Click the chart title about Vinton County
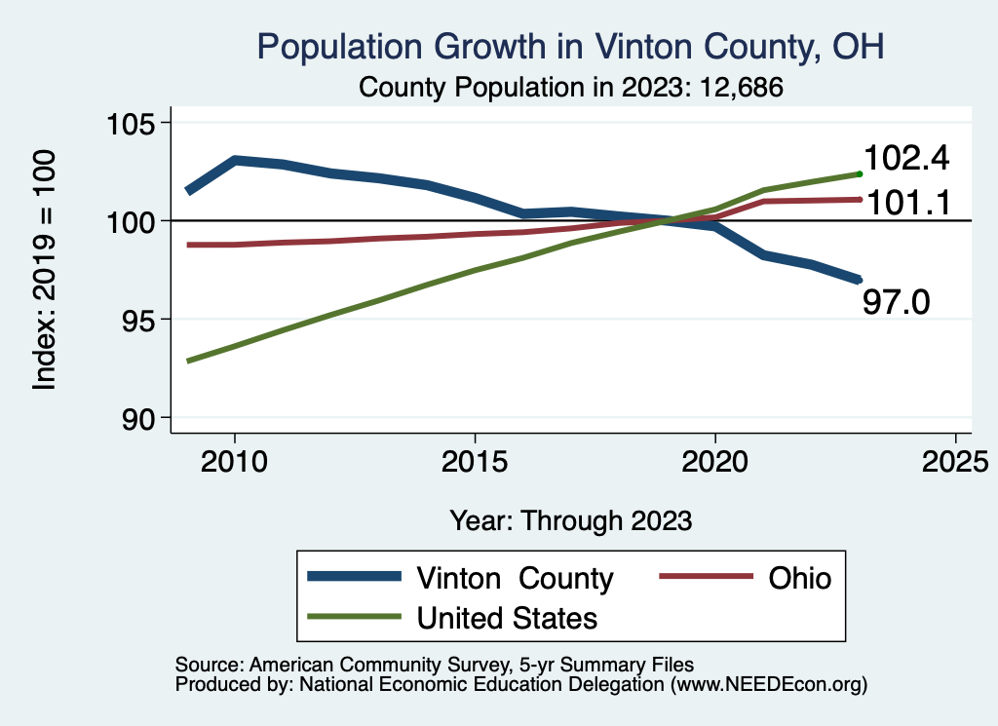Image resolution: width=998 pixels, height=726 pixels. [570, 46]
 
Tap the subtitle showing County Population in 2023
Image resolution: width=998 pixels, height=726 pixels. [572, 87]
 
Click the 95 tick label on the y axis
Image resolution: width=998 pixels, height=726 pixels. [137, 320]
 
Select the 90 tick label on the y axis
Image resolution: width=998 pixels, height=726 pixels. [137, 418]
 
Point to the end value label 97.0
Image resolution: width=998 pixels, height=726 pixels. [897, 302]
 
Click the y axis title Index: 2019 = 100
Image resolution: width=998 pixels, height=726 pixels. [45, 270]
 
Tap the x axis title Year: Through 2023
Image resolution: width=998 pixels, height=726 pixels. [571, 520]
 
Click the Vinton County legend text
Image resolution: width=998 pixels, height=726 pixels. [515, 578]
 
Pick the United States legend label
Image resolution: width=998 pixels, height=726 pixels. [507, 617]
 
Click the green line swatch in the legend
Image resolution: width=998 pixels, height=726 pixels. [354, 617]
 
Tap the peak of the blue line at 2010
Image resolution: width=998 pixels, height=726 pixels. [235, 160]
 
